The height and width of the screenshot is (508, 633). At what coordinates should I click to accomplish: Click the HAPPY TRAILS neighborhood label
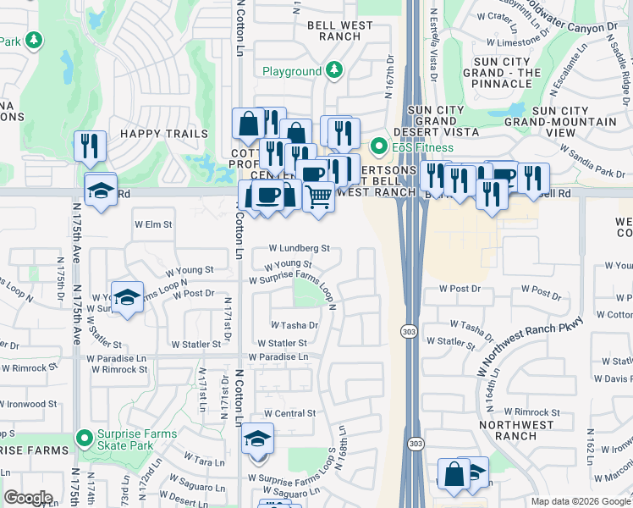[163, 134]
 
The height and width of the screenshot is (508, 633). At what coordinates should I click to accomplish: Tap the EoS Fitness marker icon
[380, 146]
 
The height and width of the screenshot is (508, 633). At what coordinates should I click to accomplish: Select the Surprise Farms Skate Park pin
[84, 439]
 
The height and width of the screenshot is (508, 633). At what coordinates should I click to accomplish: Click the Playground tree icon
[334, 70]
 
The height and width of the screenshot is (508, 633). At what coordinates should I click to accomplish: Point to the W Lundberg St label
[299, 249]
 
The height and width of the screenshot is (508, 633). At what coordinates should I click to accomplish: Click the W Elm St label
[153, 225]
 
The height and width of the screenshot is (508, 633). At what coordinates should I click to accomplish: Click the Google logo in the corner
[29, 498]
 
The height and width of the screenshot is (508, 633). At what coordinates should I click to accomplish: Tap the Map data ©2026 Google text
[580, 501]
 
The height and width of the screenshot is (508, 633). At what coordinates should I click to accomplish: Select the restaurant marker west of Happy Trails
[89, 146]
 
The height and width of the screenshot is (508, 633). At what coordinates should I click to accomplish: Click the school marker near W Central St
[257, 439]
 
